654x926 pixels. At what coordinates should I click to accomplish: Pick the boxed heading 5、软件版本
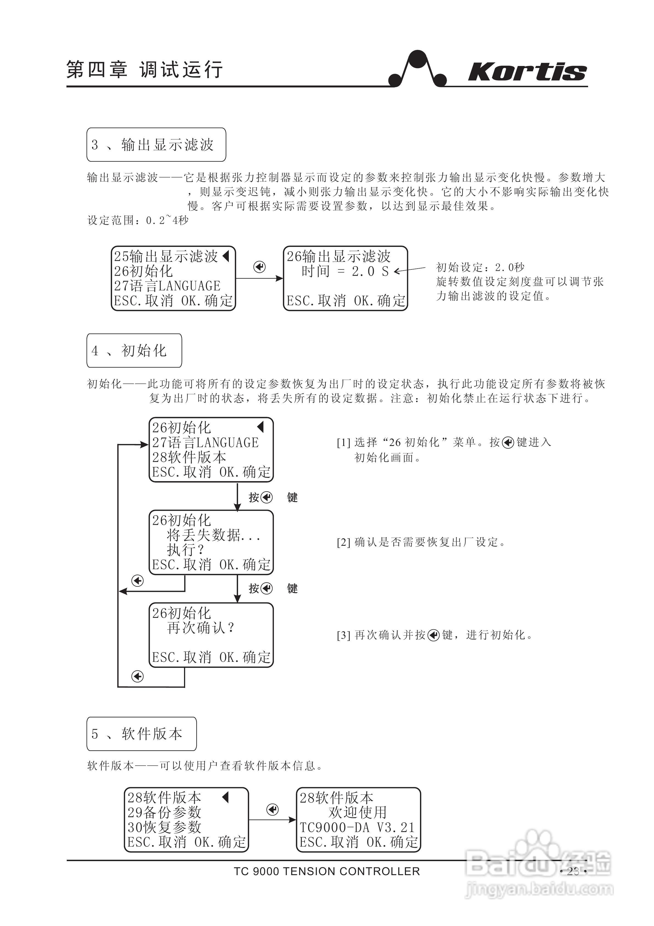(x=141, y=734)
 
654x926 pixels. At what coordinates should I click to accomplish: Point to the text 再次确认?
(x=200, y=628)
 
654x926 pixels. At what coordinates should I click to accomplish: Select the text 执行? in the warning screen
(x=185, y=550)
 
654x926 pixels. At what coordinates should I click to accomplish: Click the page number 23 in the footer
(x=573, y=872)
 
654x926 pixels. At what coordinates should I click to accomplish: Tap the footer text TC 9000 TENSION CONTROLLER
(x=327, y=872)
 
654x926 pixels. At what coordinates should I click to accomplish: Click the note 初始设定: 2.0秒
(x=480, y=267)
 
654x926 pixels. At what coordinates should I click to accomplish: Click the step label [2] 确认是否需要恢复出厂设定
(x=421, y=542)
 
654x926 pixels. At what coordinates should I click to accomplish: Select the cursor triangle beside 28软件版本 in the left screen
(x=226, y=797)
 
